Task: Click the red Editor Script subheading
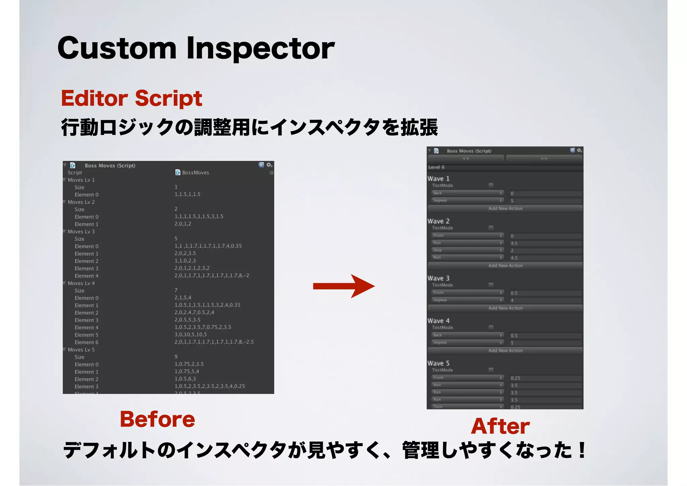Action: [x=131, y=98]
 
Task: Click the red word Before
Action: [x=157, y=419]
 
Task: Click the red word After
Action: [x=500, y=426]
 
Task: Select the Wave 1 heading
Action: [x=438, y=179]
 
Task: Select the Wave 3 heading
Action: [x=438, y=278]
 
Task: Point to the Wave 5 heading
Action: [x=438, y=363]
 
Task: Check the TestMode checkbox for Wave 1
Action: [x=491, y=185]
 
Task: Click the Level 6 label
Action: [x=436, y=167]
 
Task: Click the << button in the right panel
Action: [x=466, y=158]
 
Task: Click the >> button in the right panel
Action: [x=544, y=158]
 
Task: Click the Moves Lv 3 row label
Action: [x=81, y=232]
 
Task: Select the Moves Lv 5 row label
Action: [x=81, y=350]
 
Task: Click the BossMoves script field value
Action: [x=195, y=173]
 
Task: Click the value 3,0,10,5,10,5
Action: [x=191, y=335]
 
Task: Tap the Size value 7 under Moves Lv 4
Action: [x=176, y=290]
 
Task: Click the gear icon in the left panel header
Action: [x=269, y=165]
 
